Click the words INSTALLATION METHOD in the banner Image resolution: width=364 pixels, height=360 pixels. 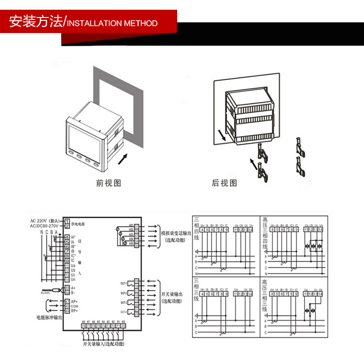pyautogui.click(x=112, y=23)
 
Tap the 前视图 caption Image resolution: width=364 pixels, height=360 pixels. pyautogui.click(x=108, y=183)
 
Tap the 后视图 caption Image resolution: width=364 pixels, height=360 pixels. pyautogui.click(x=224, y=183)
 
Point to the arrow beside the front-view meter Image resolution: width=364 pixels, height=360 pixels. pyautogui.click(x=124, y=158)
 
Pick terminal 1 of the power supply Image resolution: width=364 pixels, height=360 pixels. pyautogui.click(x=66, y=222)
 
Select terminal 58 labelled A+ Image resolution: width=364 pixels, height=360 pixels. pyautogui.click(x=67, y=288)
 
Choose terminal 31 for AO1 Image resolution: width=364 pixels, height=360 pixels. pyautogui.click(x=136, y=226)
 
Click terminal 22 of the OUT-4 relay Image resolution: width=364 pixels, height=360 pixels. pyautogui.click(x=136, y=314)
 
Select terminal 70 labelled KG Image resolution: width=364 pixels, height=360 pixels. pyautogui.click(x=124, y=326)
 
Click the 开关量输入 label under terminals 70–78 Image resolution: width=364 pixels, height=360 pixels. pyautogui.click(x=103, y=344)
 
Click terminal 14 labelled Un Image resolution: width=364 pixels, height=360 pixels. pyautogui.click(x=67, y=279)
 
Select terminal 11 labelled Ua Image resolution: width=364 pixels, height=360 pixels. pyautogui.click(x=67, y=266)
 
